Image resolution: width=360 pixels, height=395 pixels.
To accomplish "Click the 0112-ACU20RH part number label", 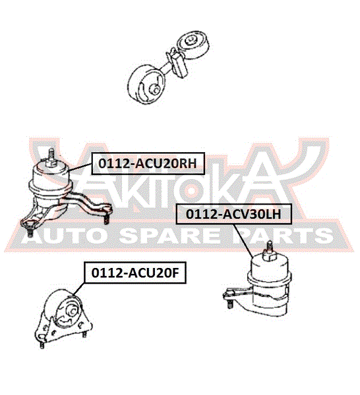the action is click(148, 163).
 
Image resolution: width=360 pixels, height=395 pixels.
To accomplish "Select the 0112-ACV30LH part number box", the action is click(234, 214).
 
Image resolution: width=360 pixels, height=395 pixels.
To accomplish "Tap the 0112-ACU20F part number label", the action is click(135, 273).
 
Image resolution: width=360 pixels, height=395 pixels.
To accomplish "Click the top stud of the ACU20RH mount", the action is click(51, 157).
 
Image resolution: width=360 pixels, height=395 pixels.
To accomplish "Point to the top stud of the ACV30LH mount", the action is click(270, 250).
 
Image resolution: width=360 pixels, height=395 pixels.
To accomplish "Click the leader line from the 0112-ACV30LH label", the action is click(243, 241).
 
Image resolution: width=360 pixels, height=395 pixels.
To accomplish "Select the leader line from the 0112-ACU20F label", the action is click(79, 289).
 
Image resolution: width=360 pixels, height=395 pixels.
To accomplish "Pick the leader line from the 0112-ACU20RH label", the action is click(80, 167).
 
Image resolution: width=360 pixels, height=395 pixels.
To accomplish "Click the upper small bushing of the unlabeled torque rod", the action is click(193, 45).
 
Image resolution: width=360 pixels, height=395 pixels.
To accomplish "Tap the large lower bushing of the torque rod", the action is click(146, 84).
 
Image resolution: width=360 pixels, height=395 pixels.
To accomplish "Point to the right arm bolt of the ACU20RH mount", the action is click(107, 219).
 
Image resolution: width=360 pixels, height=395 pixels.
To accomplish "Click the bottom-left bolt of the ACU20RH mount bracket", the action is click(30, 232).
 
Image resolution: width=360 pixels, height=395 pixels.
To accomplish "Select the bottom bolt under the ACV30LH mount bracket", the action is click(229, 303).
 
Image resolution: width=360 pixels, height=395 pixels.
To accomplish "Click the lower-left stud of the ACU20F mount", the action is click(42, 344).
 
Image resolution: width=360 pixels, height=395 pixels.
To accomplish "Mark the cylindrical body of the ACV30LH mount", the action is click(270, 284).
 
